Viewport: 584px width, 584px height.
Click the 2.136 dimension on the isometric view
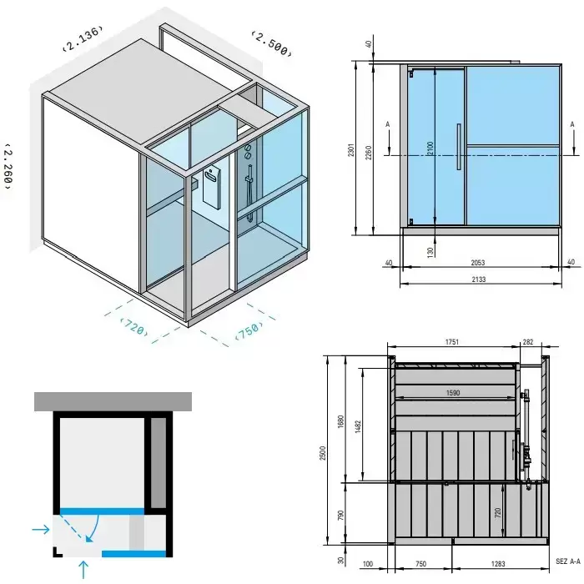click(83, 38)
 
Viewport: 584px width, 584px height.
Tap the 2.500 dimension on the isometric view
click(271, 44)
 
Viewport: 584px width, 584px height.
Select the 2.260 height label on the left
click(8, 166)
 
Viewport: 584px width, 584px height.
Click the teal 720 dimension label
click(134, 327)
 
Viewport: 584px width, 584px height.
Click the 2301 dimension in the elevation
click(351, 149)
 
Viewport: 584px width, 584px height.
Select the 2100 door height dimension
click(430, 149)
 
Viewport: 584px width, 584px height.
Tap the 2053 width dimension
click(478, 263)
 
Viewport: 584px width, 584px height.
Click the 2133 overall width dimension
click(479, 279)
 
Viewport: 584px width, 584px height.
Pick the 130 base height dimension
click(430, 252)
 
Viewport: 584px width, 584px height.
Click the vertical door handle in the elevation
click(459, 147)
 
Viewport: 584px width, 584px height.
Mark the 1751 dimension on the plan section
click(452, 342)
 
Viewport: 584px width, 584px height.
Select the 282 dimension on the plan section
click(528, 342)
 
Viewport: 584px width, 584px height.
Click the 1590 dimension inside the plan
click(453, 393)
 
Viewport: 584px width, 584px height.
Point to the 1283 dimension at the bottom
click(498, 564)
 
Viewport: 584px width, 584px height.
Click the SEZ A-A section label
click(568, 561)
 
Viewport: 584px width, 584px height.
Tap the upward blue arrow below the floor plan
click(83, 570)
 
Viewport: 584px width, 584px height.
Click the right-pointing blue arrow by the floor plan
click(41, 529)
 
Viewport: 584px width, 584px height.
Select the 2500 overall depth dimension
click(323, 453)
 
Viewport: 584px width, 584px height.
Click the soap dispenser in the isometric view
click(212, 189)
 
